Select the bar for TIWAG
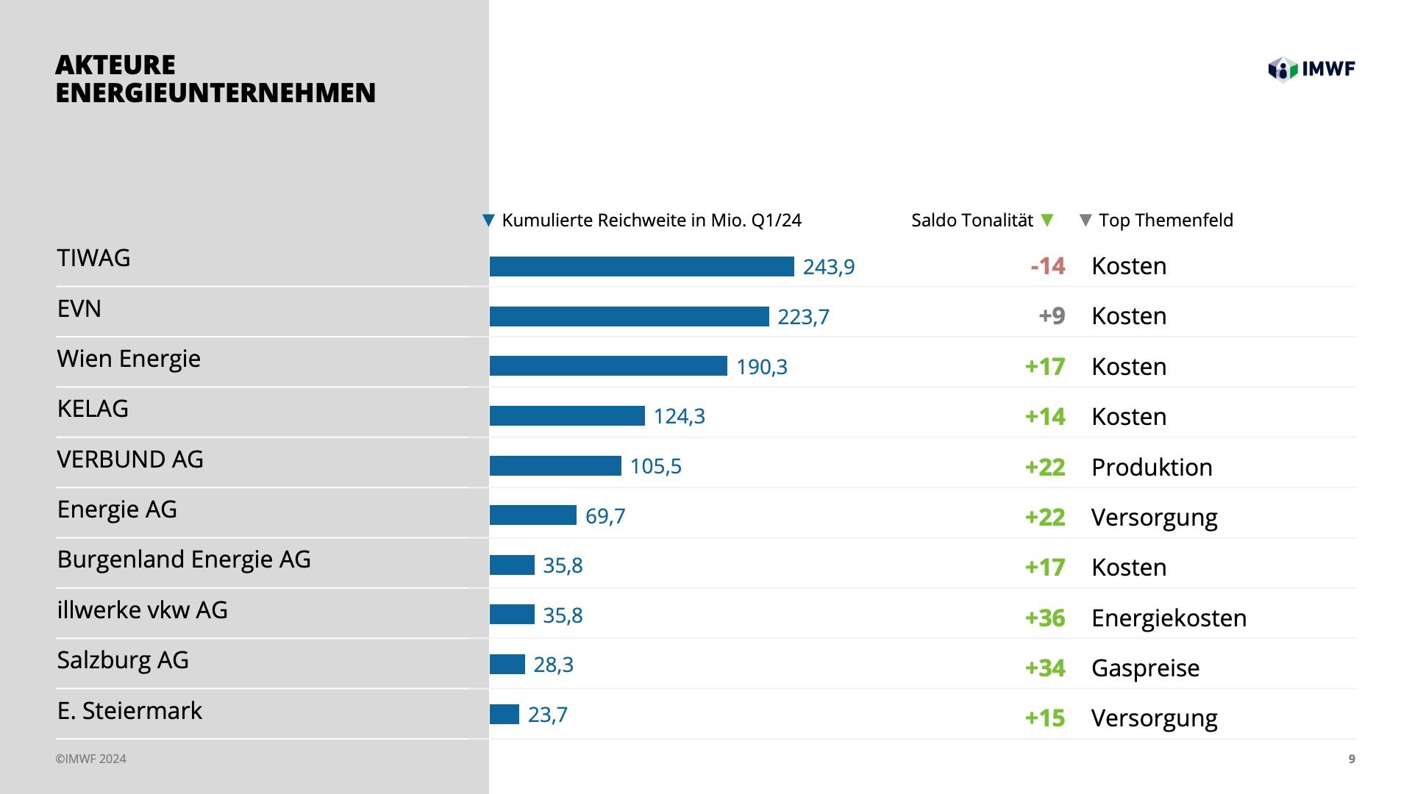pyautogui.click(x=641, y=267)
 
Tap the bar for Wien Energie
pyautogui.click(x=608, y=366)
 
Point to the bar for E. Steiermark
pyautogui.click(x=504, y=714)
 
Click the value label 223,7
pyautogui.click(x=803, y=317)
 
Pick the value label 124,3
pyautogui.click(x=679, y=416)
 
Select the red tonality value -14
pyautogui.click(x=1047, y=265)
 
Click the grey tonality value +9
pyautogui.click(x=1052, y=316)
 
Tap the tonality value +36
pyautogui.click(x=1044, y=618)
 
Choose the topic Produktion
pyautogui.click(x=1152, y=467)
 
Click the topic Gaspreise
pyautogui.click(x=1145, y=668)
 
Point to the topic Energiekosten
pyautogui.click(x=1169, y=618)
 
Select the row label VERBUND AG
pyautogui.click(x=130, y=459)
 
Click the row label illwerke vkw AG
pyautogui.click(x=142, y=610)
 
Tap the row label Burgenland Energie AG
pyautogui.click(x=184, y=559)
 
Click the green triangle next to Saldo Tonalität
pyautogui.click(x=1048, y=220)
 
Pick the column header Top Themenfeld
pyautogui.click(x=1165, y=221)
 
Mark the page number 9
pyautogui.click(x=1352, y=759)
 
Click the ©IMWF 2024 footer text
pyautogui.click(x=90, y=759)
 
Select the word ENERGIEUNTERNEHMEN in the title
pyautogui.click(x=215, y=93)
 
